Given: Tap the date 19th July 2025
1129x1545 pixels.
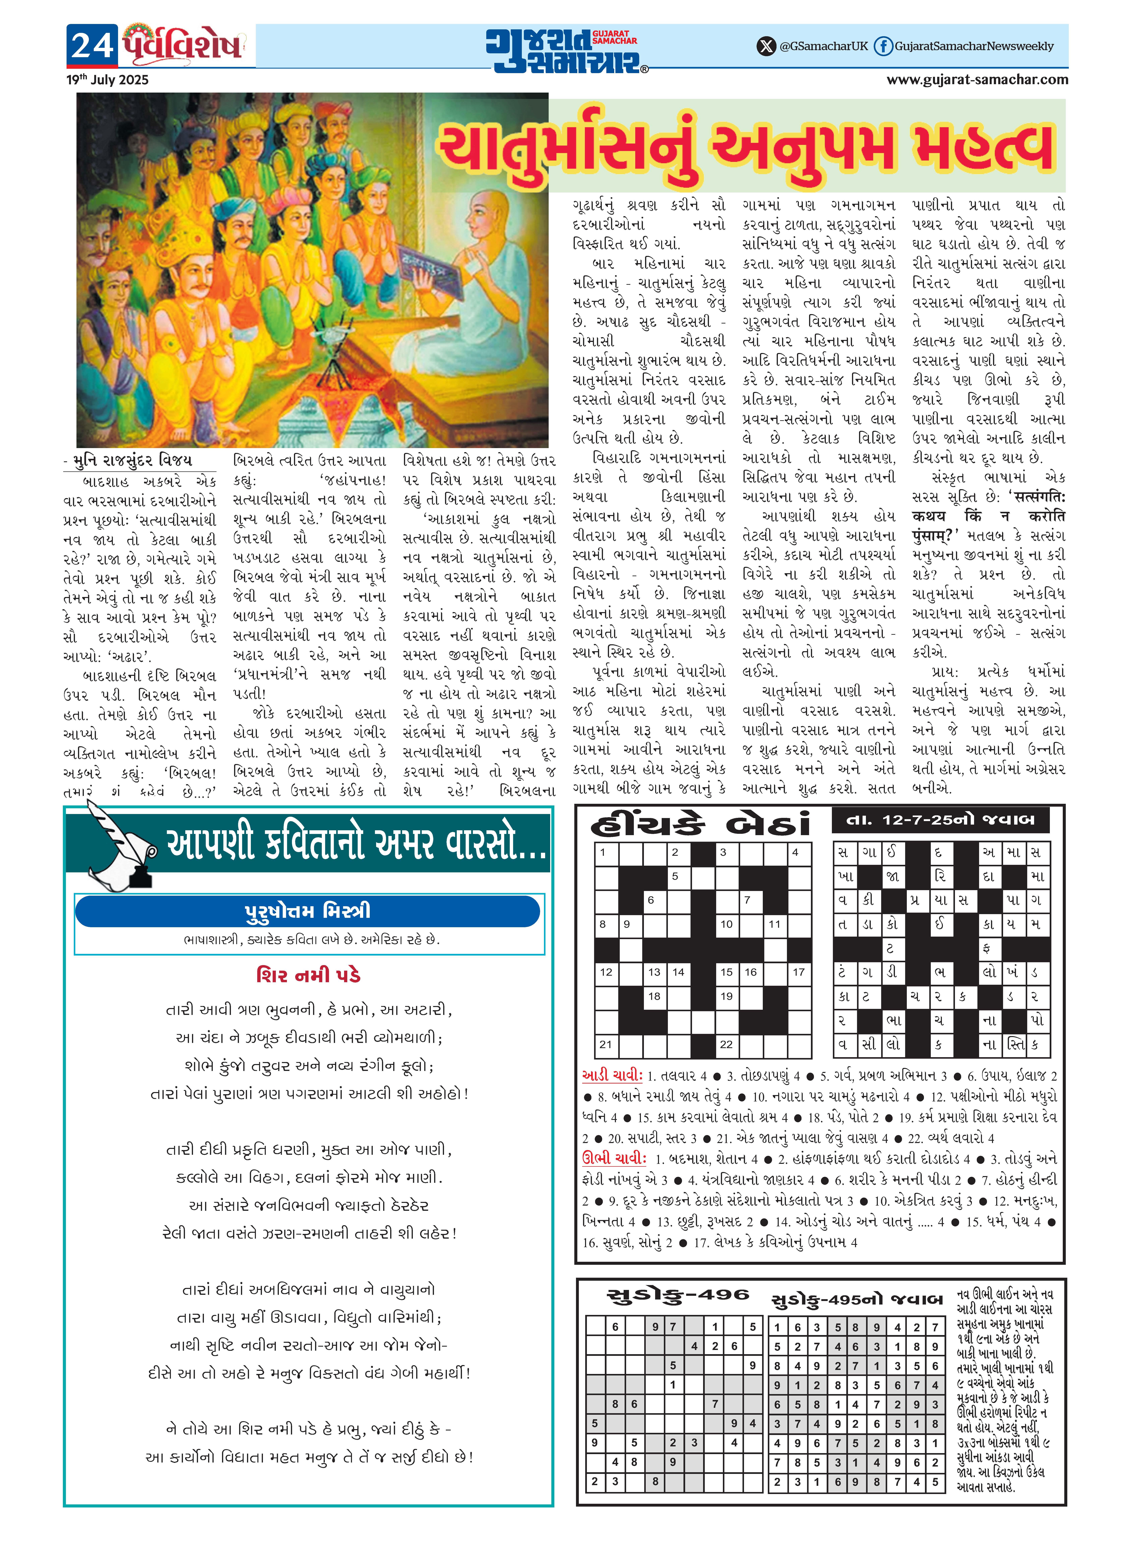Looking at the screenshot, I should [x=107, y=80].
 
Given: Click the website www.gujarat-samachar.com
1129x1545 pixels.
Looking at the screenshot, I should [x=977, y=80].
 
